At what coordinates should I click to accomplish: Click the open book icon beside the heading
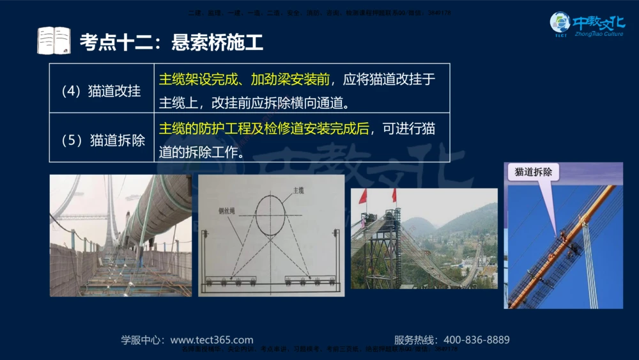tap(54, 41)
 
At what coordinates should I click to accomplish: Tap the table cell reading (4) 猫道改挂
tap(101, 91)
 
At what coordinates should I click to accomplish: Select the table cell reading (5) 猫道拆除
tap(101, 139)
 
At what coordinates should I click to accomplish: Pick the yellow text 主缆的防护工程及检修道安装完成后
tap(264, 129)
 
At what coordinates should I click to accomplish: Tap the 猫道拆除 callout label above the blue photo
tap(534, 172)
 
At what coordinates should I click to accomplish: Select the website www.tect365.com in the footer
tap(212, 340)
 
